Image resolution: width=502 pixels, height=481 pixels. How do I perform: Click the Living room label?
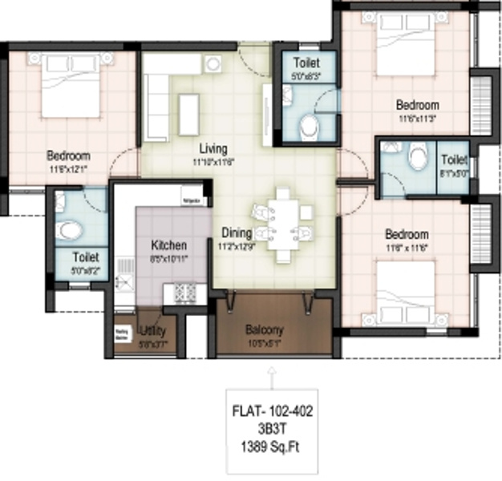point(213,149)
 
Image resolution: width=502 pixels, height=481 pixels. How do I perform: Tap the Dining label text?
point(237,233)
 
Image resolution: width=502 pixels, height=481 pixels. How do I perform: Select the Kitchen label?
point(169,245)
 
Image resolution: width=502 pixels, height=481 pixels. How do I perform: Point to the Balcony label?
point(264,329)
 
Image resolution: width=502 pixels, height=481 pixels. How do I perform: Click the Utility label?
point(152,330)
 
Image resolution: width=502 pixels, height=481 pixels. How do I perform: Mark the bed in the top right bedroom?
point(405,48)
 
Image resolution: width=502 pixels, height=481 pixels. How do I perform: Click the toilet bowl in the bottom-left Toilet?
point(70,231)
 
